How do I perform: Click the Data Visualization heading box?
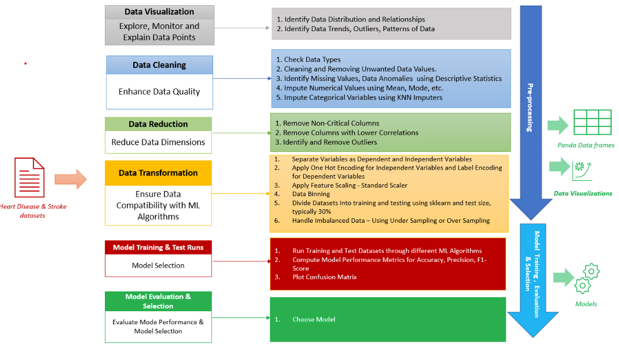coord(159,12)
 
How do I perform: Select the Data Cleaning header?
coord(159,65)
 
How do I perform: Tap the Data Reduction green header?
coord(158,124)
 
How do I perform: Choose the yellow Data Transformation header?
coord(158,173)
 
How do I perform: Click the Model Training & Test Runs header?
coord(158,247)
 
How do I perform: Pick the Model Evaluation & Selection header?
coord(158,301)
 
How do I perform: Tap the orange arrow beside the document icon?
coord(70,179)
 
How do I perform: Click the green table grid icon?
coord(592,122)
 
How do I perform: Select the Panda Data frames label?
coord(586,145)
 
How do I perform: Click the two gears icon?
coord(586,278)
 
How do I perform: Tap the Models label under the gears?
coord(586,304)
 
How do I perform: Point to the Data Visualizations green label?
coord(583,193)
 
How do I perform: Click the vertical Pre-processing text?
coord(530,108)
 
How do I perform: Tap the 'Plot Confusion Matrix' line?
coord(324,277)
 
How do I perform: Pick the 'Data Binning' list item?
coord(311,194)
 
